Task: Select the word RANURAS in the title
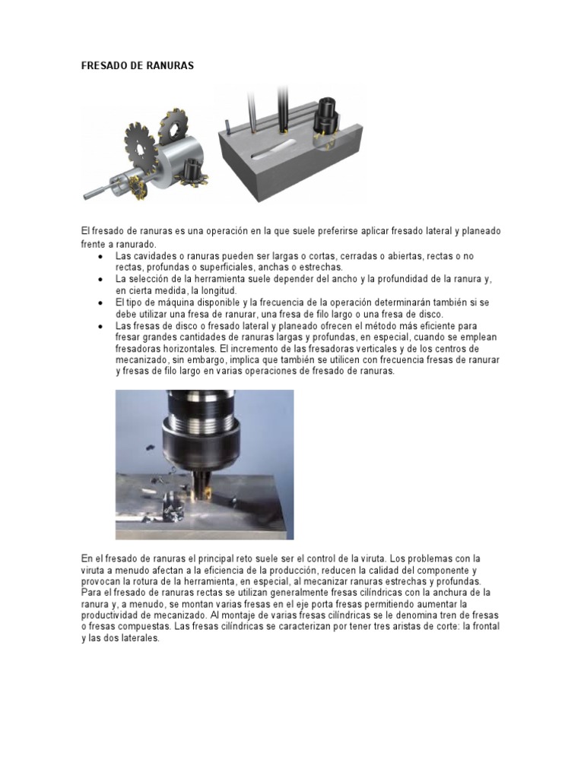click(x=170, y=66)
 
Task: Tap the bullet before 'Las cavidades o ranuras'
click(x=100, y=257)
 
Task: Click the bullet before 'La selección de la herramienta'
click(x=100, y=280)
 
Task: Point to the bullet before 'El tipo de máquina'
click(x=100, y=302)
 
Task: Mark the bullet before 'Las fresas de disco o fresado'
click(x=100, y=325)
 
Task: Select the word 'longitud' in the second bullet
click(x=219, y=290)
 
